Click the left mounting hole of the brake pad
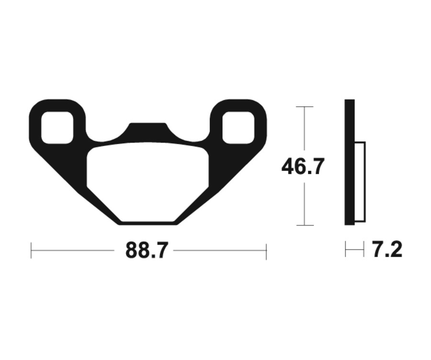(57, 127)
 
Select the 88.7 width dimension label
(147, 250)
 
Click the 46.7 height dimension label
(303, 167)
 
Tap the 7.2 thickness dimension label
(387, 250)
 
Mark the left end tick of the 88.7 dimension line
(31, 250)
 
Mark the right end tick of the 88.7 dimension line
(266, 250)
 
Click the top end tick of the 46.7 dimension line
(304, 106)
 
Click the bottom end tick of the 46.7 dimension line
(304, 225)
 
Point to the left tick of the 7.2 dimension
(346, 249)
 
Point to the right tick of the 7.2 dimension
(363, 249)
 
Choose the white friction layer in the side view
(360, 182)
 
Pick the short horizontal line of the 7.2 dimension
(354, 249)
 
